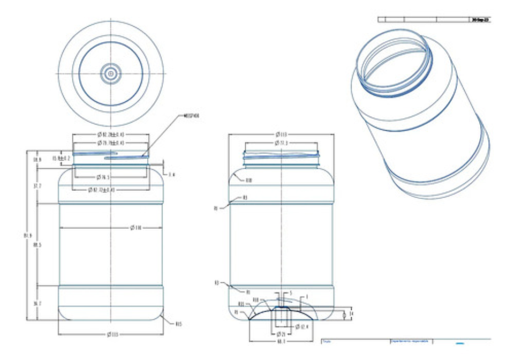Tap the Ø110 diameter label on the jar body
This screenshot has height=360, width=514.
[137, 228]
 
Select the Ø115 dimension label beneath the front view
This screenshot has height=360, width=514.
[110, 335]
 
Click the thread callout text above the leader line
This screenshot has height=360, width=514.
[191, 116]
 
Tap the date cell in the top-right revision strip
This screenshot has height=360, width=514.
[480, 19]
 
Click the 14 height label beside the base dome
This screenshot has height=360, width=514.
[351, 313]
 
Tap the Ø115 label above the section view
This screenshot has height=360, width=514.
[281, 134]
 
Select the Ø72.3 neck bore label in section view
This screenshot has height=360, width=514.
[281, 143]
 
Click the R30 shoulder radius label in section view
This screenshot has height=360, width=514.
[248, 181]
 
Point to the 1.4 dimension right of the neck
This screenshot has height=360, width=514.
[172, 175]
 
